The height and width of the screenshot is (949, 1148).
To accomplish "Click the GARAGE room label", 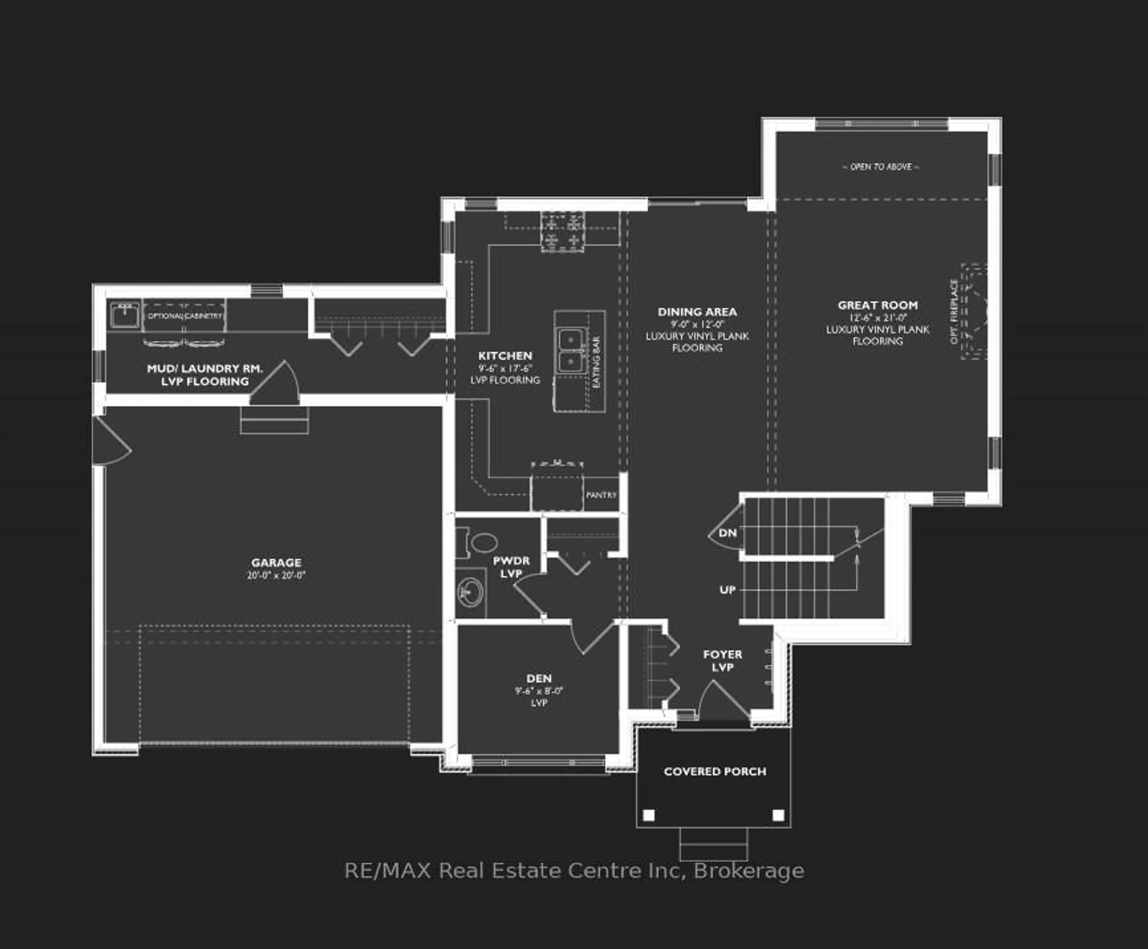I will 276,562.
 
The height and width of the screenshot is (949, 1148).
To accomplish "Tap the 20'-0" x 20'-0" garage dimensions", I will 276,575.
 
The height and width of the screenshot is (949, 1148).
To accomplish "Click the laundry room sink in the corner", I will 125,315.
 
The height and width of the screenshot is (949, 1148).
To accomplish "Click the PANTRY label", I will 601,495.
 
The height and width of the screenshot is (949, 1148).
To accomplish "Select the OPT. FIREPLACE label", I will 954,312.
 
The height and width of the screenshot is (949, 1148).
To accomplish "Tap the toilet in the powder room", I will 481,543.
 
